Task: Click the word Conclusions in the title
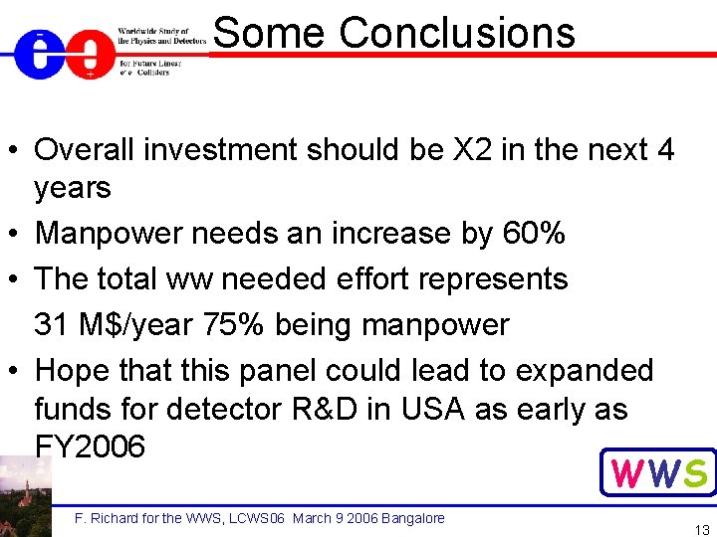(457, 32)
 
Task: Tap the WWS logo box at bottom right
(657, 472)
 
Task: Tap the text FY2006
(90, 447)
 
